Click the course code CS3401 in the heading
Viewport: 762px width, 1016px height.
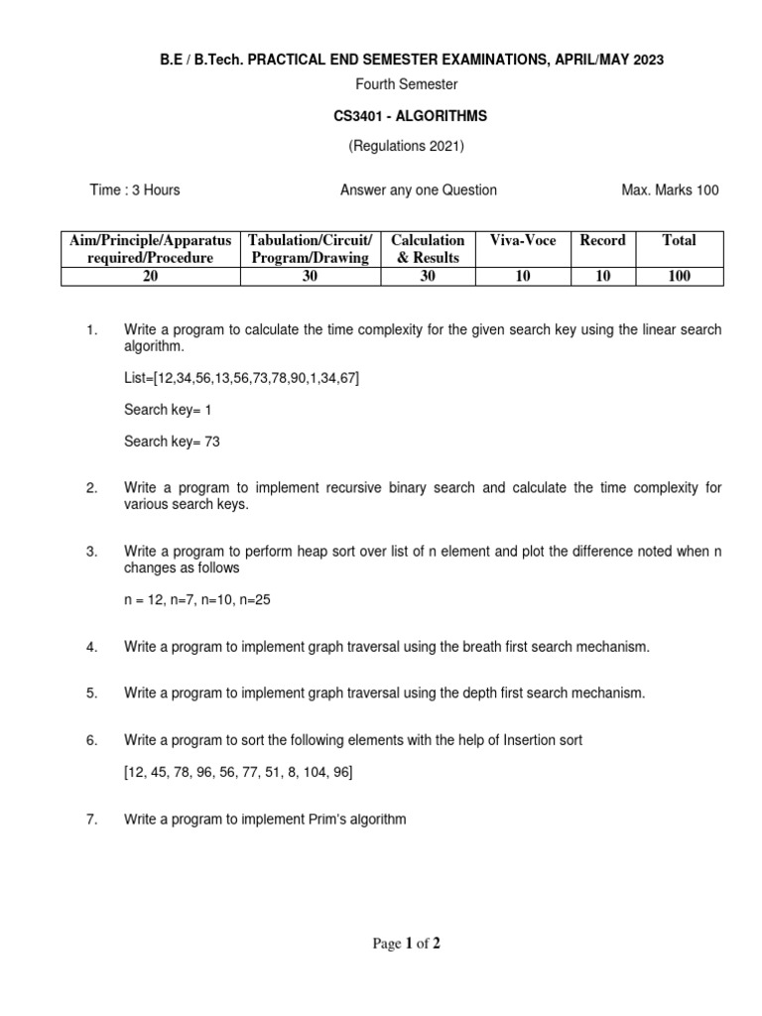361,116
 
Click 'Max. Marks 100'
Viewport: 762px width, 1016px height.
670,190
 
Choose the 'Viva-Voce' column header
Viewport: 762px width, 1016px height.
523,240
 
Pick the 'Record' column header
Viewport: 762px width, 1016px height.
602,240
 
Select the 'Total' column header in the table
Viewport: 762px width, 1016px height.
679,240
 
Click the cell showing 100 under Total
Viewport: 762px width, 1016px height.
679,277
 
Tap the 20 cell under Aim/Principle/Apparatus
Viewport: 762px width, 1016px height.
150,277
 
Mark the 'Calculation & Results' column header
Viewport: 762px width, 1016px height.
428,249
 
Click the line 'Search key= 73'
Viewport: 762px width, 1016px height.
172,443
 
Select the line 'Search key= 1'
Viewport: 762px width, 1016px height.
168,409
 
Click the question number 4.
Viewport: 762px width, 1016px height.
91,647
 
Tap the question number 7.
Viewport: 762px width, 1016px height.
91,820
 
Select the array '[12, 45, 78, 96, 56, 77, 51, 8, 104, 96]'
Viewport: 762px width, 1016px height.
238,772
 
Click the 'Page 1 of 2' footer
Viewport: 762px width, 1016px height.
406,944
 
